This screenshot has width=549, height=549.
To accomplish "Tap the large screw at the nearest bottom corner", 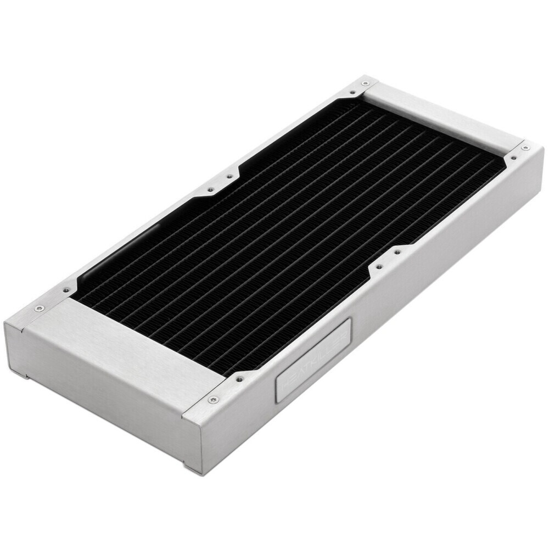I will pyautogui.click(x=213, y=399).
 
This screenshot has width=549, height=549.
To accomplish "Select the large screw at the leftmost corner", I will pyautogui.click(x=38, y=309).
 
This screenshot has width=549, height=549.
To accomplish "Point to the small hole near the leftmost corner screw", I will pyautogui.click(x=66, y=290).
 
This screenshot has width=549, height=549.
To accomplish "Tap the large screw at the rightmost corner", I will pyautogui.click(x=525, y=147).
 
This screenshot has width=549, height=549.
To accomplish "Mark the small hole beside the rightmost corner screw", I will pyautogui.click(x=513, y=158).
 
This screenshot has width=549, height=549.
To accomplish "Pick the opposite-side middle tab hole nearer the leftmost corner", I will pyautogui.click(x=210, y=190).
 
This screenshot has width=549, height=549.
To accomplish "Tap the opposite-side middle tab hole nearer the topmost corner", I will pyautogui.click(x=229, y=177).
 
